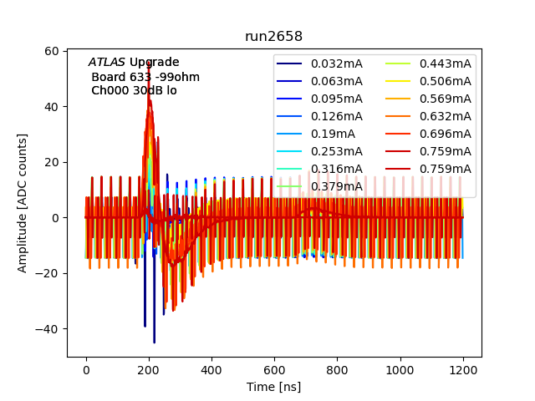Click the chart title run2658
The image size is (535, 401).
[x=273, y=37]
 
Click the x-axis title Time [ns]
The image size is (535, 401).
[x=273, y=387]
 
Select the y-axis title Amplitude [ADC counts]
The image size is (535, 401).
[x=23, y=202]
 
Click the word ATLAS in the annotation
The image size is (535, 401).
[x=107, y=63]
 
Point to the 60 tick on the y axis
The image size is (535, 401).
[x=51, y=51]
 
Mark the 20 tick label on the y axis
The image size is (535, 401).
[x=51, y=162]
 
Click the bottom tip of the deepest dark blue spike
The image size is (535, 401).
[x=154, y=343]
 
